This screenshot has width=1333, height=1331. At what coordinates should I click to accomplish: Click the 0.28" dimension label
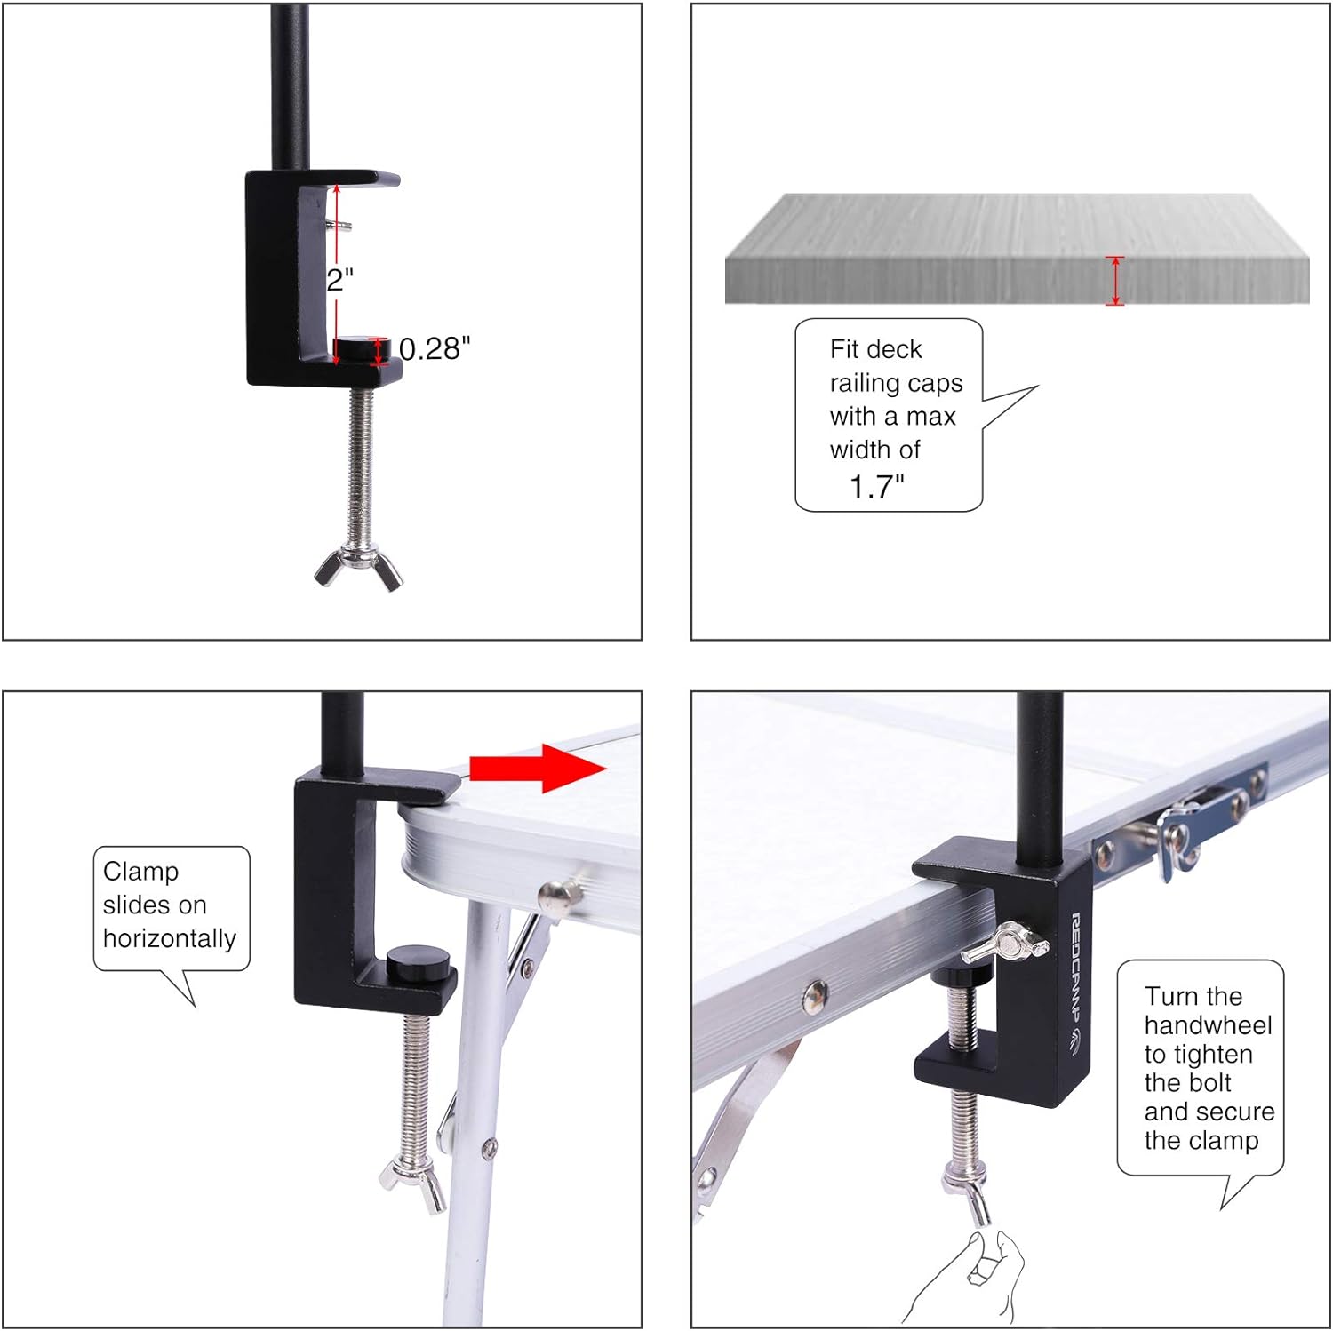[434, 349]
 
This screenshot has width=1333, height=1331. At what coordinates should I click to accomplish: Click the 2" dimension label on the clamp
[339, 280]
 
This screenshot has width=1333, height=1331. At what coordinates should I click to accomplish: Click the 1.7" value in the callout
[876, 486]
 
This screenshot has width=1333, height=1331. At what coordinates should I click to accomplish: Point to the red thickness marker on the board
[1114, 281]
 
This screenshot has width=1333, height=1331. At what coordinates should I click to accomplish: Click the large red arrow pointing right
[538, 769]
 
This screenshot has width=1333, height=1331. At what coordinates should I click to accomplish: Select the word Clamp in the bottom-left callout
[140, 872]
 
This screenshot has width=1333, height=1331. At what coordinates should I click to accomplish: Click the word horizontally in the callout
[169, 938]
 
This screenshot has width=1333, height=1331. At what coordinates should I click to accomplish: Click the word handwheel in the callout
[1208, 1025]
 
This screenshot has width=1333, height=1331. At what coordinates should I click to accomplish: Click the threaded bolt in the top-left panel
[361, 462]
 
